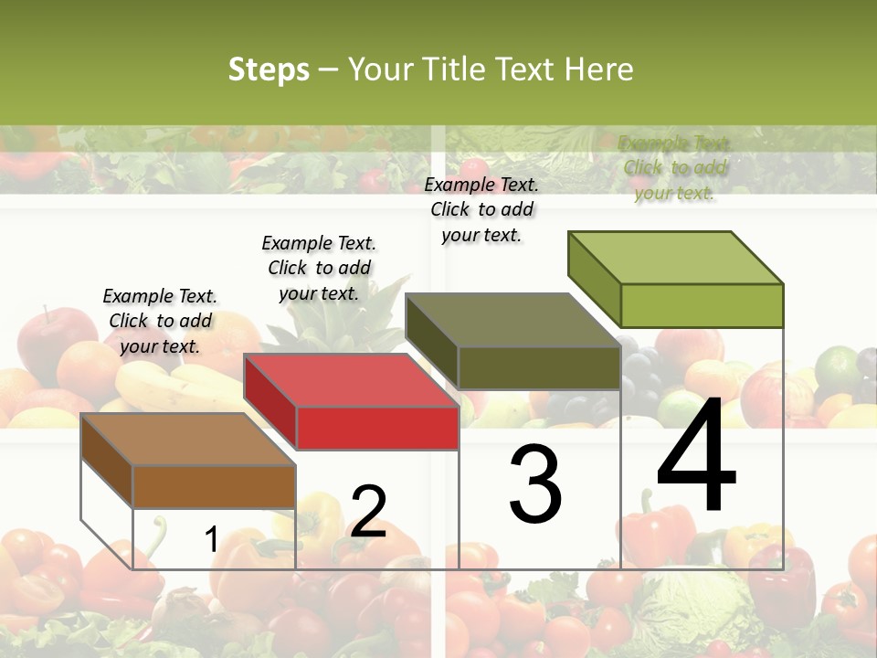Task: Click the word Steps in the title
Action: (269, 69)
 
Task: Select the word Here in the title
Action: (598, 69)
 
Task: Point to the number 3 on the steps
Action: (535, 484)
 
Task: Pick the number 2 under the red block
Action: (368, 512)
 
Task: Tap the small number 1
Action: (211, 539)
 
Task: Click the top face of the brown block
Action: (187, 440)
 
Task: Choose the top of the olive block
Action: (512, 320)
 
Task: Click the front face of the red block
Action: (377, 428)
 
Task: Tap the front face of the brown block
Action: (215, 486)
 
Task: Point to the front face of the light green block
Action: (702, 305)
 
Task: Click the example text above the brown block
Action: (160, 321)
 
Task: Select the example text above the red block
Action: (319, 268)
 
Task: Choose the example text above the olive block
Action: (481, 209)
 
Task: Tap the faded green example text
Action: (675, 168)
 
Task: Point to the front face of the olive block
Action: (539, 367)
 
